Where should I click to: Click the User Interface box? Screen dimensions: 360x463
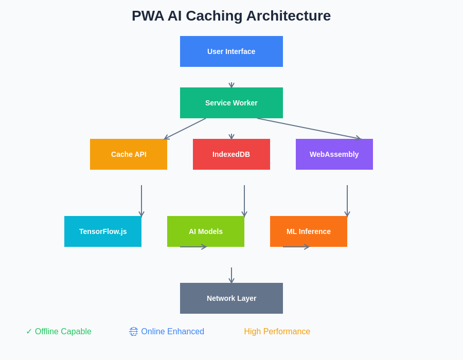[232, 51]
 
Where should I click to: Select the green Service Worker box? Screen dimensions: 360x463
[232, 103]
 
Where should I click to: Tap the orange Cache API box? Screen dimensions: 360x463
[129, 154]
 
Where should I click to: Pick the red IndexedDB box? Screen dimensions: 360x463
[232, 154]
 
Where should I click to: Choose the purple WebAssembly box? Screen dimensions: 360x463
[334, 154]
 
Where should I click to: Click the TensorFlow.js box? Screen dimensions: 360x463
[103, 231]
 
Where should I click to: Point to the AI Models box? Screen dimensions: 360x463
[206, 231]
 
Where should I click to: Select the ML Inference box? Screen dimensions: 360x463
[309, 231]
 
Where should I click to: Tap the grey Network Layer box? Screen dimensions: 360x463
[232, 298]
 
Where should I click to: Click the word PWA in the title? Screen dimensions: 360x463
[148, 16]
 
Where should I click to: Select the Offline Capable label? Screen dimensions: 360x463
[63, 332]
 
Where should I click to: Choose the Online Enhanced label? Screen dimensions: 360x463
[172, 332]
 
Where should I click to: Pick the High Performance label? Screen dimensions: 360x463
[277, 332]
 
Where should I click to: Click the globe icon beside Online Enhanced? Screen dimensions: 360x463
[133, 332]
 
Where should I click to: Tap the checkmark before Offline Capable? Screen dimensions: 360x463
[29, 332]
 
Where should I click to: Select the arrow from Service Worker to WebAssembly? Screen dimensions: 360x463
[309, 129]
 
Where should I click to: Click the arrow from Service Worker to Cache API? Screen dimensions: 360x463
[185, 129]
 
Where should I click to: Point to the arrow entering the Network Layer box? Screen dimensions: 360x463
[232, 275]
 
